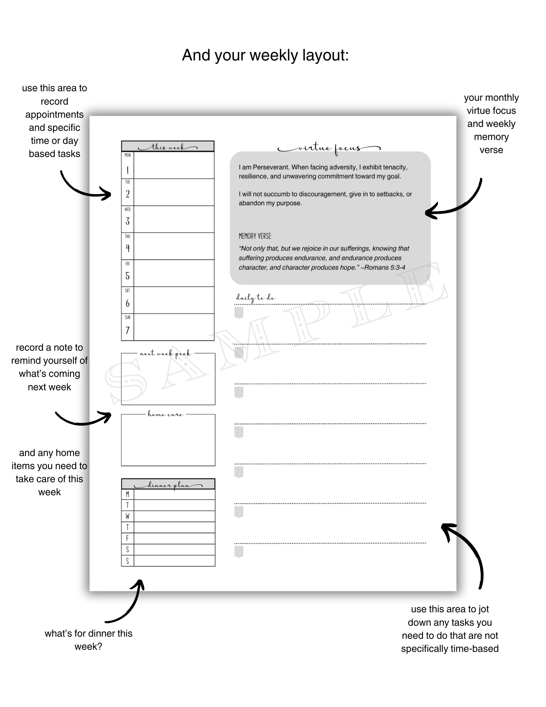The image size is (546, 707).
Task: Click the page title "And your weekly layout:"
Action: (265, 55)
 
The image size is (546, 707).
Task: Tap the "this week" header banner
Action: (168, 147)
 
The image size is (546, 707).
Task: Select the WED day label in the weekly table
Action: (128, 209)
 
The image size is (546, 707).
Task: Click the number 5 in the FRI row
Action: (128, 276)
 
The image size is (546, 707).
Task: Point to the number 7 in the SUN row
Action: (128, 330)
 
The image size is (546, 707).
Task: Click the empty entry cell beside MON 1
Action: (174, 165)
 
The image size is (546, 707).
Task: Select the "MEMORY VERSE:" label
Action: (255, 236)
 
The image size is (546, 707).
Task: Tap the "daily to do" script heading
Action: (256, 298)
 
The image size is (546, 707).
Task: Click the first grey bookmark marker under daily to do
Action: (239, 312)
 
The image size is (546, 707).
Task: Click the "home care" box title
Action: (165, 414)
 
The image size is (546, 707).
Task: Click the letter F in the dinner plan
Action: (128, 538)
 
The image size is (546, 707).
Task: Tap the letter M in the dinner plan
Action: (128, 494)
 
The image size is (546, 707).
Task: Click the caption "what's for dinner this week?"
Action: (88, 640)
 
